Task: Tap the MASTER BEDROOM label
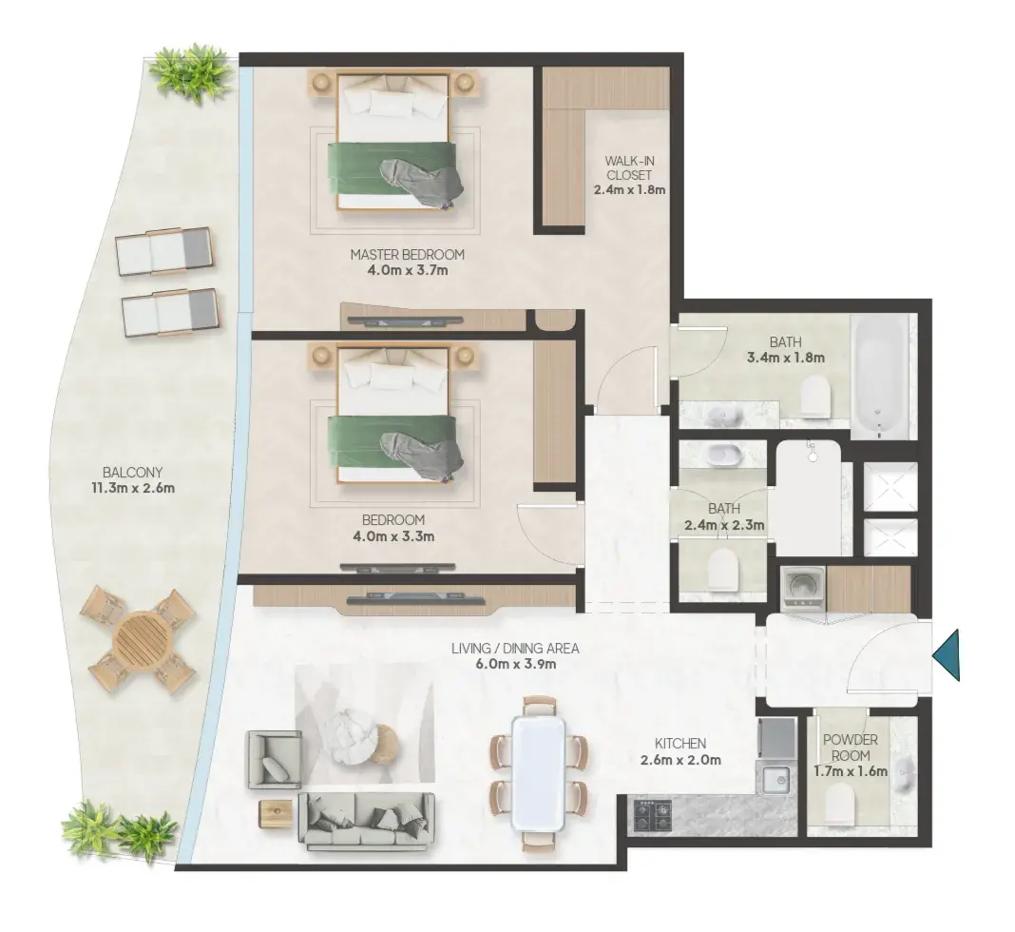(407, 255)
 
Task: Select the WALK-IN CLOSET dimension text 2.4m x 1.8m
(629, 190)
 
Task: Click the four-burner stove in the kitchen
(652, 814)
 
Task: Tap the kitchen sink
(775, 780)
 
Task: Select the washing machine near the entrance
(803, 587)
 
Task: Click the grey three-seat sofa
(366, 820)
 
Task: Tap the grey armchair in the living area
(273, 761)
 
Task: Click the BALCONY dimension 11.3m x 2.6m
(132, 488)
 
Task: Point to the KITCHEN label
(680, 744)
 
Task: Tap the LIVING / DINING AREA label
(515, 648)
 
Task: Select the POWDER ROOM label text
(851, 748)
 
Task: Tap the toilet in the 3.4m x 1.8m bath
(815, 397)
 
